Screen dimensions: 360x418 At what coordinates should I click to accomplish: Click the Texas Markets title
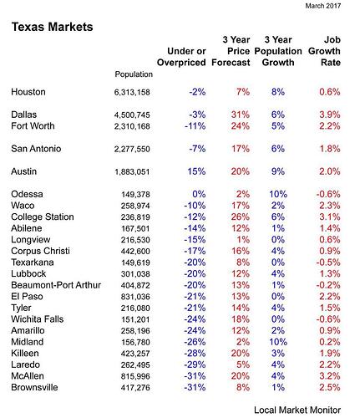tap(52, 27)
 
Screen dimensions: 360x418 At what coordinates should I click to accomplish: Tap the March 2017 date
tap(323, 6)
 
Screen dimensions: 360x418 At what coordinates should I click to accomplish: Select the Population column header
tap(134, 74)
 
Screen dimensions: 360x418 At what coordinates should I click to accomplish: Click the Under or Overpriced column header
tap(181, 57)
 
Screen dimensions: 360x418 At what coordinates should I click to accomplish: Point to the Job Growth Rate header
tap(324, 51)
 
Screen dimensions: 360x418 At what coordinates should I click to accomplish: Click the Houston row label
tap(28, 92)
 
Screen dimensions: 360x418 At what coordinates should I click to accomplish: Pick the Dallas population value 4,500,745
tap(132, 115)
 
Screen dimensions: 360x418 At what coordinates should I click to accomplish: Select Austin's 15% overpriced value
tap(196, 171)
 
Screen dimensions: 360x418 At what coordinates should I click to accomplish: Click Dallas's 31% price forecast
tap(241, 115)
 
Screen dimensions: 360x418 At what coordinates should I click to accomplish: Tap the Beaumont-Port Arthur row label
tap(56, 285)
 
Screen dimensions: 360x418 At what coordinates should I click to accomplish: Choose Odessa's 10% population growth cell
tap(278, 194)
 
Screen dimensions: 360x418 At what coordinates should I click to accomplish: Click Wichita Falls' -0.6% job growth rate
tap(328, 319)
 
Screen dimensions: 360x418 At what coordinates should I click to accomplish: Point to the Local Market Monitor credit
tap(297, 410)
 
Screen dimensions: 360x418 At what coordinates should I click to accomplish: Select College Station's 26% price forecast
tap(241, 217)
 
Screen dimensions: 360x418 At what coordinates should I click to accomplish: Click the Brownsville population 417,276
tap(135, 388)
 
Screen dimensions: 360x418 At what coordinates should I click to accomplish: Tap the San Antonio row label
tap(36, 149)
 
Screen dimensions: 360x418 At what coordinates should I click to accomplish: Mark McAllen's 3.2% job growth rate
tap(330, 376)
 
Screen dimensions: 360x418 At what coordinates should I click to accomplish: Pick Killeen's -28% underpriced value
tap(195, 354)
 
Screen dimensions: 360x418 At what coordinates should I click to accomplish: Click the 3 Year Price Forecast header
tap(231, 51)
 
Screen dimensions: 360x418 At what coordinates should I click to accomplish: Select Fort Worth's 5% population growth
tap(278, 126)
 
